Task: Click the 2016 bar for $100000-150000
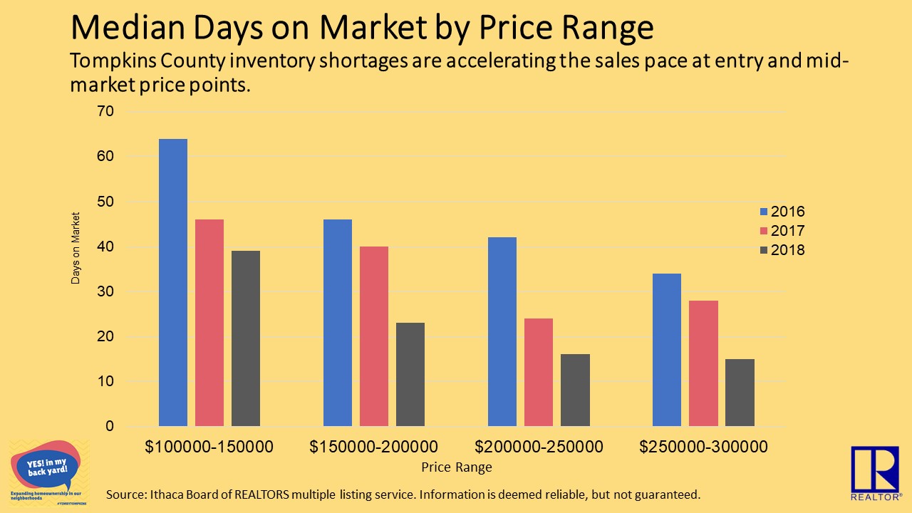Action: point(173,282)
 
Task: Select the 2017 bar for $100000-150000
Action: point(209,323)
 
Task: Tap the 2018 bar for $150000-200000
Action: point(410,374)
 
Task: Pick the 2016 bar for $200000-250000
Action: point(502,331)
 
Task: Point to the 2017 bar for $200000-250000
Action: point(539,372)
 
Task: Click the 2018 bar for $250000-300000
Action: point(740,393)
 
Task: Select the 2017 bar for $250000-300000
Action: point(703,363)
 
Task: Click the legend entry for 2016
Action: point(782,212)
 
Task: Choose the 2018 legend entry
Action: point(782,250)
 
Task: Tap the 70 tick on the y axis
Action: point(105,112)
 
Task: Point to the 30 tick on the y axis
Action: point(105,291)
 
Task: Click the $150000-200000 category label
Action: point(374,447)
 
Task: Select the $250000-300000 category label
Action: point(703,447)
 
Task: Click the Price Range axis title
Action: point(456,468)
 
